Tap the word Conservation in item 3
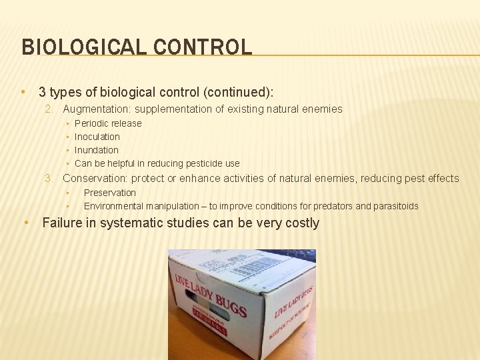[94, 178]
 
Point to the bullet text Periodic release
[108, 123]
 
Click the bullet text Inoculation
[97, 137]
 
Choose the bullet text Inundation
[97, 150]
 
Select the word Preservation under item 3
[109, 193]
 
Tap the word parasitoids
[396, 206]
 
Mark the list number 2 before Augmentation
[49, 109]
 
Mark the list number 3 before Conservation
[49, 178]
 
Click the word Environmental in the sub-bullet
[115, 206]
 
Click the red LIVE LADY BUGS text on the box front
[211, 293]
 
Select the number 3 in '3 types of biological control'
[43, 91]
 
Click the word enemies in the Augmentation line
[325, 109]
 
